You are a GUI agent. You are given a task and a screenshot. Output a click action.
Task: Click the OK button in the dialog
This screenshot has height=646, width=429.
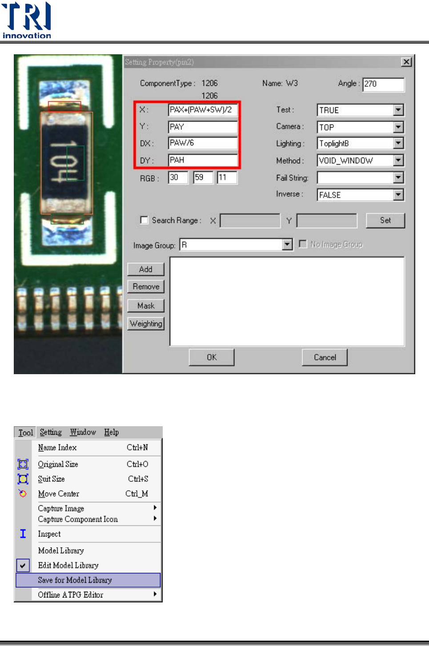click(212, 357)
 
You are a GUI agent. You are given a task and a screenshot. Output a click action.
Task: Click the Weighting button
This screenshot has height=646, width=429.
click(146, 323)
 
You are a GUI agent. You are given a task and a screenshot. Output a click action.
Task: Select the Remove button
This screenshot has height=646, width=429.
click(146, 287)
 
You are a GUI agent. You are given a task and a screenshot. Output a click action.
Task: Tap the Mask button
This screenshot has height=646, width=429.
click(146, 306)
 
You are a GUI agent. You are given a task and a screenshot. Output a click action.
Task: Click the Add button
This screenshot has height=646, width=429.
click(146, 269)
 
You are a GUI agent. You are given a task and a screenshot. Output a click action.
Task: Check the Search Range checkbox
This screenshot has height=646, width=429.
click(144, 220)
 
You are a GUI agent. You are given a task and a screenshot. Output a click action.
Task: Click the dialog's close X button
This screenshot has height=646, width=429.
click(406, 62)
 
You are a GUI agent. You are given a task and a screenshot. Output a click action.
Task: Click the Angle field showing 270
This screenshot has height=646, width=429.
click(383, 84)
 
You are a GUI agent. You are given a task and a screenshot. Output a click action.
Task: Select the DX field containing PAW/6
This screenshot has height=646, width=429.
click(203, 143)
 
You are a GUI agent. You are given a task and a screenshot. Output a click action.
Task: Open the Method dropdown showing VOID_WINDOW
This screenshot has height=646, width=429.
click(398, 160)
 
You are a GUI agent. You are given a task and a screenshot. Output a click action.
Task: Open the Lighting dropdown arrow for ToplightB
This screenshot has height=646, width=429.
click(398, 143)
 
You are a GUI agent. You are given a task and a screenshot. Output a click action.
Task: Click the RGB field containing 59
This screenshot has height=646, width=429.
click(203, 178)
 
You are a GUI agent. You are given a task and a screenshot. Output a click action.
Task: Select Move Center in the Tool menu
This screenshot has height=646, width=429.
click(59, 494)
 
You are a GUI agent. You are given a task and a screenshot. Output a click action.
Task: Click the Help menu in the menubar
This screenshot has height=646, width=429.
click(111, 432)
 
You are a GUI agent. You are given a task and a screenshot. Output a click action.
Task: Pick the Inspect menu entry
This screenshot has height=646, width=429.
click(49, 534)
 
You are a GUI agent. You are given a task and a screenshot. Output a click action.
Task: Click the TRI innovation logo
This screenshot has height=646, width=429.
click(27, 20)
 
